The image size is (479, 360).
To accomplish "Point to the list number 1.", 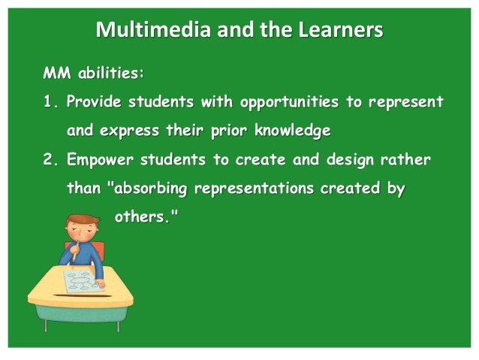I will [x=50, y=101].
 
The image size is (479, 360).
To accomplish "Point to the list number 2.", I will [x=50, y=159].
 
